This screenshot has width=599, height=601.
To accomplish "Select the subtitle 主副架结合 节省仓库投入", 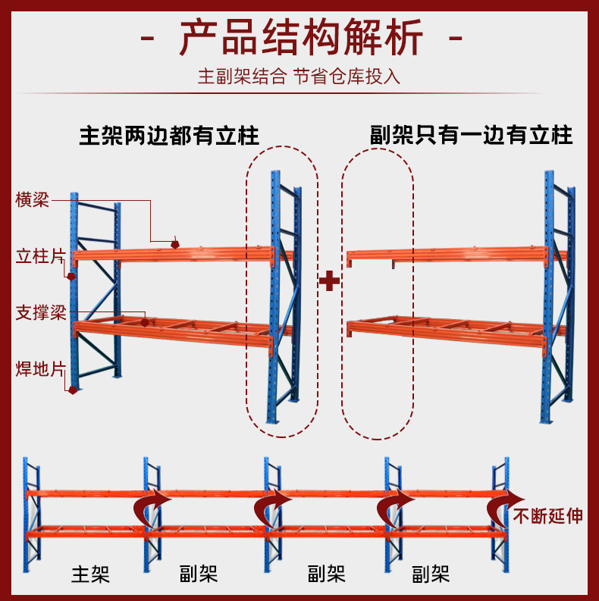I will [x=299, y=77].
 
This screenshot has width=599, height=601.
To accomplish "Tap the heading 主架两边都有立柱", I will [x=169, y=136].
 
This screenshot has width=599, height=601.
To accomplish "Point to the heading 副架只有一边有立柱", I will [x=471, y=136].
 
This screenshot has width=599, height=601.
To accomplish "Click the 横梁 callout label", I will [x=33, y=200].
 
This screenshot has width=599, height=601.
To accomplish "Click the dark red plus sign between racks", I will [x=328, y=282].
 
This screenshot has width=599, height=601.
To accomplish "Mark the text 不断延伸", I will [x=548, y=517].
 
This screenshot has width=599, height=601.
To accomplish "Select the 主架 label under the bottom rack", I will [x=90, y=574].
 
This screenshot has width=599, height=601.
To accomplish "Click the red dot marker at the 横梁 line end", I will [x=175, y=244].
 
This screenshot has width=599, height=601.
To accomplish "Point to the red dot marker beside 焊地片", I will [x=73, y=390].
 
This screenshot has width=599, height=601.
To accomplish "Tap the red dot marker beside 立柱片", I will [x=72, y=276].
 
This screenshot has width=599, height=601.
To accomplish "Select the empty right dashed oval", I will [x=377, y=293].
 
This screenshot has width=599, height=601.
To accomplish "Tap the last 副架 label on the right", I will [x=430, y=574].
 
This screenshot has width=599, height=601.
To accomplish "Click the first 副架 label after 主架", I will [x=199, y=574].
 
